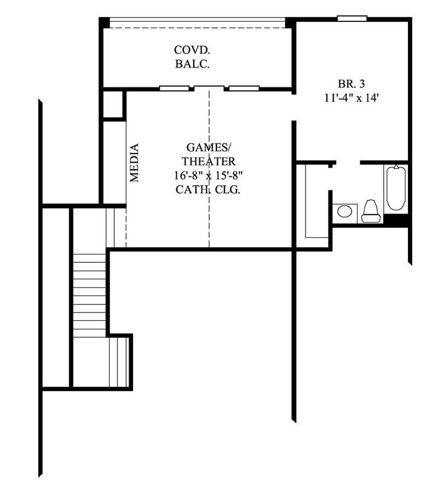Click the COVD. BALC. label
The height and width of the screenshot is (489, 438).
193,56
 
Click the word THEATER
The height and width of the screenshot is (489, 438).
209,162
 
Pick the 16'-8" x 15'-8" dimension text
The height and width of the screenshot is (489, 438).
209,176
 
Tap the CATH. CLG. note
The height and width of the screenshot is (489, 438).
209,190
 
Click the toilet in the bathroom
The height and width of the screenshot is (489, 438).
371,211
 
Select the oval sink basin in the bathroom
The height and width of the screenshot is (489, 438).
344,211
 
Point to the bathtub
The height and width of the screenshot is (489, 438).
395,189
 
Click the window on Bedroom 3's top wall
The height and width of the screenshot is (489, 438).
351,19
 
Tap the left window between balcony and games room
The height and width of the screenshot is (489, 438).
174,88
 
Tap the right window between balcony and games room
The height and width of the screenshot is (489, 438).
244,88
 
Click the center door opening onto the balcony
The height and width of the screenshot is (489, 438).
209,87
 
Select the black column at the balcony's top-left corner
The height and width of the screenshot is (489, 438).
104,22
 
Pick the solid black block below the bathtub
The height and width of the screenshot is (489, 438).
397,219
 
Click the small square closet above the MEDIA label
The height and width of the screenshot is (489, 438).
113,105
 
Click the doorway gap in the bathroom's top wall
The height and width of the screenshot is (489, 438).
347,162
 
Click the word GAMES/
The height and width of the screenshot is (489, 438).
209,147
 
